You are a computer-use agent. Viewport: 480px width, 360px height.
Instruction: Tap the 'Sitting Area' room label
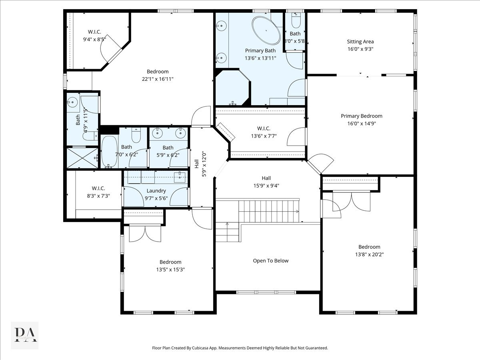pos(360,42)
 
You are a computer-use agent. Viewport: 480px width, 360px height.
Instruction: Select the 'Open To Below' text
pos(270,261)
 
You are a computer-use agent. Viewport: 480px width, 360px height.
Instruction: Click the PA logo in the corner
pos(25,335)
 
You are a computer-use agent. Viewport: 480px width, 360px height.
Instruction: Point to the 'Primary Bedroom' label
pos(361,116)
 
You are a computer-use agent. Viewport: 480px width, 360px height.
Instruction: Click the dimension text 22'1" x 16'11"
pos(158,79)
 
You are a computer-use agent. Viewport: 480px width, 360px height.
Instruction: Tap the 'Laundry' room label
pos(156,191)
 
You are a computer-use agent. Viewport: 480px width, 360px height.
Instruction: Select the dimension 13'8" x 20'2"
pos(369,254)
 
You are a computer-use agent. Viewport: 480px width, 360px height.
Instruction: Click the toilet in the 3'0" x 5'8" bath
pos(295,20)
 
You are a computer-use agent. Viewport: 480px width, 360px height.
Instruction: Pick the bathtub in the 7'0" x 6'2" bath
pos(109,152)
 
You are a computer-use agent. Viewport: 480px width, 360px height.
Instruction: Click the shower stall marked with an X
pos(82,158)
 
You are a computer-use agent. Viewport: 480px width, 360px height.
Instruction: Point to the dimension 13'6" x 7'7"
pos(264,136)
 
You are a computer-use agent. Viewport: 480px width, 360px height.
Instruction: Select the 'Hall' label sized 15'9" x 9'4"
pos(266,178)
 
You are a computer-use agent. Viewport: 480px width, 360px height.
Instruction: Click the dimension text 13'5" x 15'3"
pos(170,269)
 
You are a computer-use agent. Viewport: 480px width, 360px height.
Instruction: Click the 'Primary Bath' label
pos(260,50)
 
